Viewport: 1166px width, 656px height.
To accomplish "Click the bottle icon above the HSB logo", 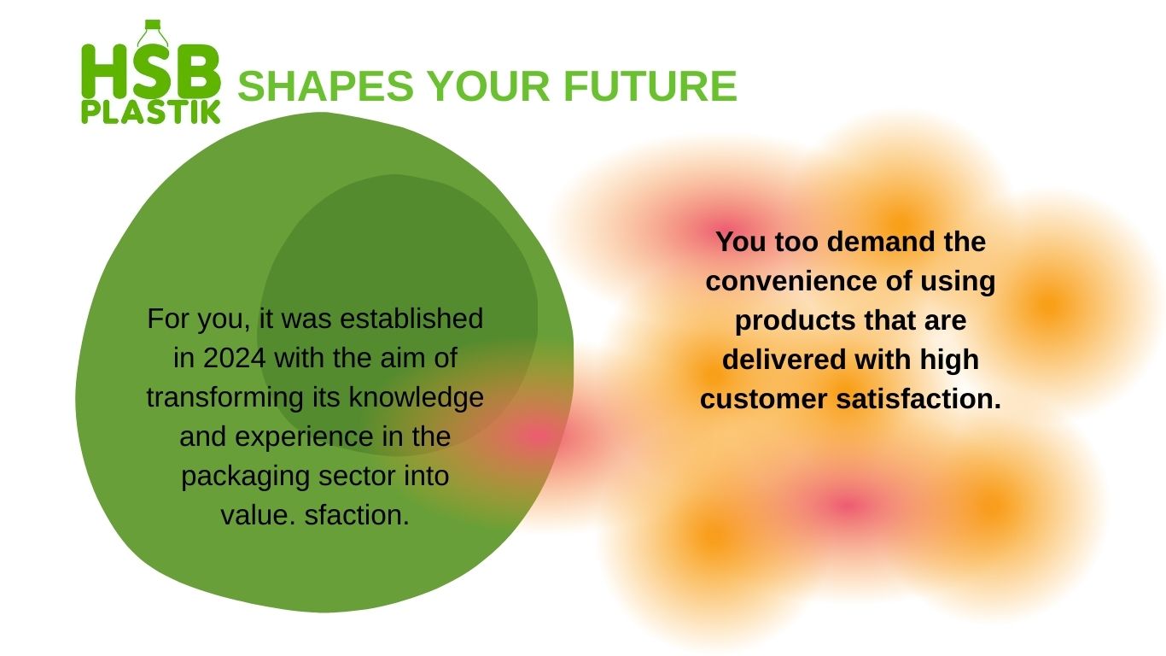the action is (153, 33).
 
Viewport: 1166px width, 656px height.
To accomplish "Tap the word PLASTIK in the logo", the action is (151, 112).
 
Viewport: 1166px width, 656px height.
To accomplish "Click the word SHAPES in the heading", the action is (326, 86).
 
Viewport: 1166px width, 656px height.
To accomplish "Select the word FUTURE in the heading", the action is (650, 86).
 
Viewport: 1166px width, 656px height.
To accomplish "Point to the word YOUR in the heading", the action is (489, 86).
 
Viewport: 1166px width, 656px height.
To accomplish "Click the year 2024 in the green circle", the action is (234, 358).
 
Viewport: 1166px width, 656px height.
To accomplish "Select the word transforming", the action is (224, 397).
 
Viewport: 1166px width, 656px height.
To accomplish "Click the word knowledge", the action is (417, 397).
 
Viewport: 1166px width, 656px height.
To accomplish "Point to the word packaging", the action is (245, 477).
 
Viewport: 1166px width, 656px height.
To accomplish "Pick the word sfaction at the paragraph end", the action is (357, 515).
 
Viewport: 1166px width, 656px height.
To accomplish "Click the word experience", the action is (304, 437).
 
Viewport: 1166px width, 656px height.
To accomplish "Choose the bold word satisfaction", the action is (918, 399).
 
